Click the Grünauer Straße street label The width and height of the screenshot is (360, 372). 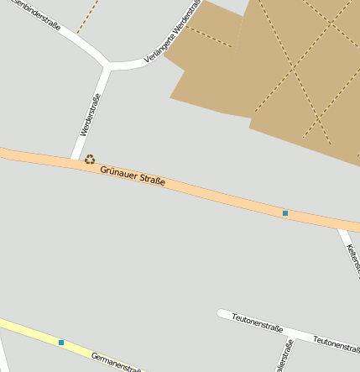pyautogui.click(x=133, y=176)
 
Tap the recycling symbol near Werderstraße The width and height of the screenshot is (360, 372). pyautogui.click(x=90, y=159)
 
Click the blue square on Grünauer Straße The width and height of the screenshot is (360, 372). pyautogui.click(x=285, y=213)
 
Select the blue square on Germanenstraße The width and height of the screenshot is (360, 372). pyautogui.click(x=61, y=342)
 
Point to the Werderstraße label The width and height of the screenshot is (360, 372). pyautogui.click(x=86, y=122)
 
